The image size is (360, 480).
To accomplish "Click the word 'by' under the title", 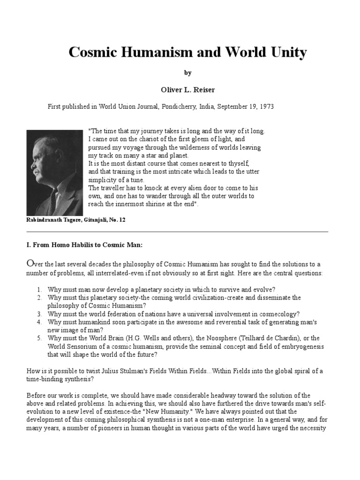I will coord(187,73).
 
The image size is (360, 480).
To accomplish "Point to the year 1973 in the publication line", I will coord(266,107).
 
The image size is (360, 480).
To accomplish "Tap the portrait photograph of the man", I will coord(55,172).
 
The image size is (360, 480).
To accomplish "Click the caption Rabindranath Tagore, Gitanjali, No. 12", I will coord(76,219).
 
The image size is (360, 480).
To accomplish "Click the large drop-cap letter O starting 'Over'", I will coord(30,263).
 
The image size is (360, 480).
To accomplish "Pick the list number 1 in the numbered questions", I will coord(40,289).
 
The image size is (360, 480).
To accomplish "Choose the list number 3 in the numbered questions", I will coord(40,314).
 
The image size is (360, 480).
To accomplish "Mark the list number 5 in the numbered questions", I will coord(40,338).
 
